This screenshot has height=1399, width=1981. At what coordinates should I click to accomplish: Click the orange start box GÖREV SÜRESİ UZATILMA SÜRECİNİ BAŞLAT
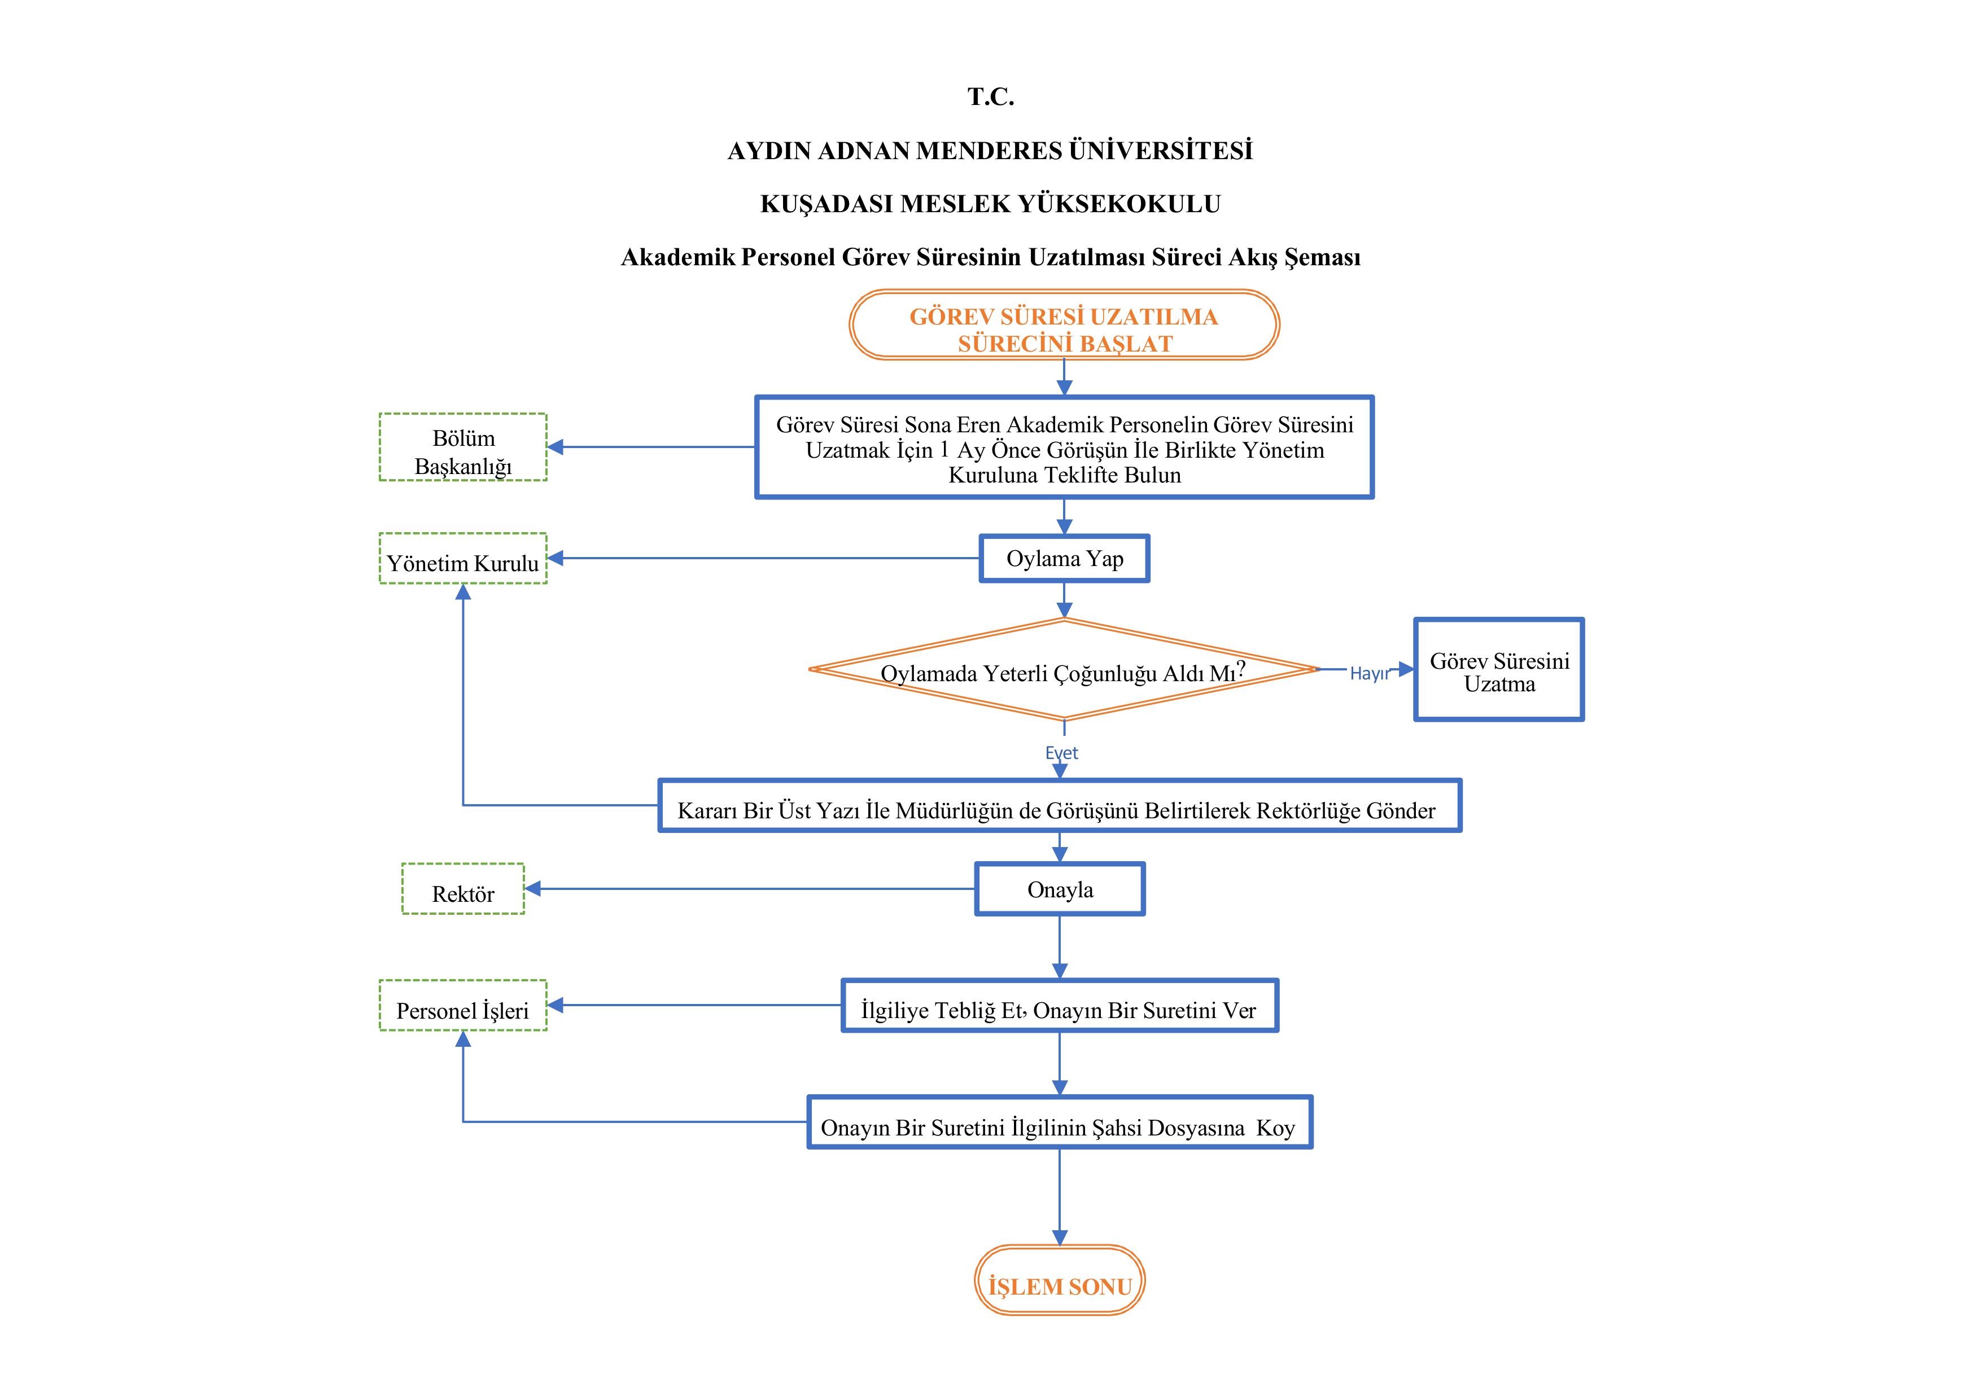pos(1063,325)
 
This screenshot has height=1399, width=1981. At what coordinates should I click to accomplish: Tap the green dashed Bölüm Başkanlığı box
pos(463,447)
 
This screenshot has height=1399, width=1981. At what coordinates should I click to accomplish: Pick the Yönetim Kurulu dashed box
pos(463,559)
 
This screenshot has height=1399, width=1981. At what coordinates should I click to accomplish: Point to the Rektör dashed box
pos(463,889)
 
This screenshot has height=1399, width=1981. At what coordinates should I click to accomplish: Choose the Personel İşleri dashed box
pos(463,1006)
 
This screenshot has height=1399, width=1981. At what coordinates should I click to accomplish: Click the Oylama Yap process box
pos(1064,559)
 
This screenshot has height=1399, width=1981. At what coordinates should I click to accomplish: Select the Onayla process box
pos(1060,889)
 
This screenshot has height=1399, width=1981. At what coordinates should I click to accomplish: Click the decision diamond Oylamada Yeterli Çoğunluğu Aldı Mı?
pos(1063,670)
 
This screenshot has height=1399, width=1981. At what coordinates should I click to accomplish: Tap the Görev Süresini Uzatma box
pos(1499,670)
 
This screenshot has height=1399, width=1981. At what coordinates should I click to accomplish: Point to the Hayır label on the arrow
pos(1369,674)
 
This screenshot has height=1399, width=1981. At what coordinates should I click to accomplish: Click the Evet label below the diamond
pos(1061,753)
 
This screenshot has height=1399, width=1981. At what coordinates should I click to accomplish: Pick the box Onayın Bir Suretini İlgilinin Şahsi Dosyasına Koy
pos(1060,1123)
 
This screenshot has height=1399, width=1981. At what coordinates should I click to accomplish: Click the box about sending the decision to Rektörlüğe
pos(1060,806)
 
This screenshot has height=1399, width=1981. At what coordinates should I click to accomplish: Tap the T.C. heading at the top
pos(990,97)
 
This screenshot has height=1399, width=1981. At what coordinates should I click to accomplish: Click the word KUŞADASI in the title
pos(826,204)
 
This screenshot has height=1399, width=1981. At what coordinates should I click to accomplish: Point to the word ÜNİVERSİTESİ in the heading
pos(1161,151)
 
